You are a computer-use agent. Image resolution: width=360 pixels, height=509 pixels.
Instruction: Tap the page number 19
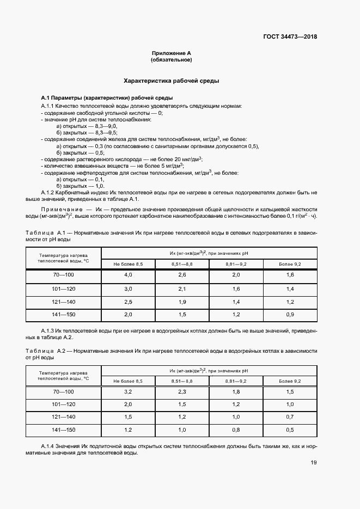coord(313,463)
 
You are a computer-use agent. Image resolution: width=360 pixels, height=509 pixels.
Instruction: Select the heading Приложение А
coord(172,53)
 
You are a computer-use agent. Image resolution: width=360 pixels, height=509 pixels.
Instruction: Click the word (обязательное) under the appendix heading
coord(172,59)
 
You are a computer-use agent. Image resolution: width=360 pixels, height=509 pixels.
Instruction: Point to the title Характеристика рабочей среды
coord(172,81)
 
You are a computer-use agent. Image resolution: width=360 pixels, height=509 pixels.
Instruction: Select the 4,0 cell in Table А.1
coord(129,274)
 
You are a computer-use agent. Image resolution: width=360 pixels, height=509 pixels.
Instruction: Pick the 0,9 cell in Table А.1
coord(290,315)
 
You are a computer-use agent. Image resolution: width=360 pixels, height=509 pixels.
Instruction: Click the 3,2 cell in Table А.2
coord(129,391)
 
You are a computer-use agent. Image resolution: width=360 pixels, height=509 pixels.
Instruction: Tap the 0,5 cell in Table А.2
coord(290,430)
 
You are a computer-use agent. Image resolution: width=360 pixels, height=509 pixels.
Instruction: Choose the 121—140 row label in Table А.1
coord(63,301)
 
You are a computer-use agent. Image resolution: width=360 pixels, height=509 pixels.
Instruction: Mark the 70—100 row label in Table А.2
coord(63,391)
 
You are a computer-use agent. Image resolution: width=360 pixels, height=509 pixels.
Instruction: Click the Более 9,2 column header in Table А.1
coord(290,263)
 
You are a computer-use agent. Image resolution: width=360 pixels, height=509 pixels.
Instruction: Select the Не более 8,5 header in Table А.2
coord(129,381)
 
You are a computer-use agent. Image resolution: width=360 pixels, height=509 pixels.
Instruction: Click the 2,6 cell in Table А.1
coord(182,274)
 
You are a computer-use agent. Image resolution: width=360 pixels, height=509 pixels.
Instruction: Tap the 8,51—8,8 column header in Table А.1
coord(182,263)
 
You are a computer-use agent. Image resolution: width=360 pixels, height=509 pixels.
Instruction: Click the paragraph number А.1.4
coord(50,445)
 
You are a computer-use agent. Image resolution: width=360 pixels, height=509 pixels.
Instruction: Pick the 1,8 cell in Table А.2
coord(236,391)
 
